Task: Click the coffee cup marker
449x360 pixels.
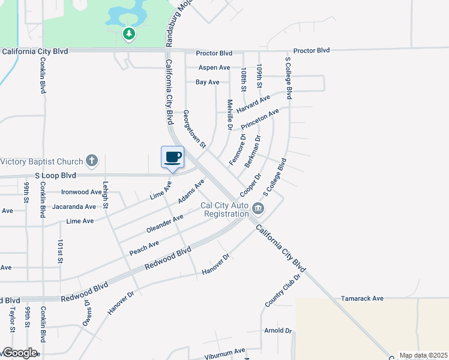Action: tap(172, 157)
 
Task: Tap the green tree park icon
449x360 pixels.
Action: tap(128, 34)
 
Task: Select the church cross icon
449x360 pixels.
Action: tap(91, 160)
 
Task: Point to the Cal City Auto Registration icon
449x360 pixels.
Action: tap(258, 209)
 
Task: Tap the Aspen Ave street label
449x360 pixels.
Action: tap(214, 68)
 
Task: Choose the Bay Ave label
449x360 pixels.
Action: tap(208, 82)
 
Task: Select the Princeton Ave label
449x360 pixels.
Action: tap(260, 119)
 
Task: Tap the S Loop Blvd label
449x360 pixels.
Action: tap(55, 176)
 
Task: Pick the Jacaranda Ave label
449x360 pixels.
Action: tap(74, 206)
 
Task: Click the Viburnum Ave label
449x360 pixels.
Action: tap(223, 350)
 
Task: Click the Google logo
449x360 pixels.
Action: tap(19, 353)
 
